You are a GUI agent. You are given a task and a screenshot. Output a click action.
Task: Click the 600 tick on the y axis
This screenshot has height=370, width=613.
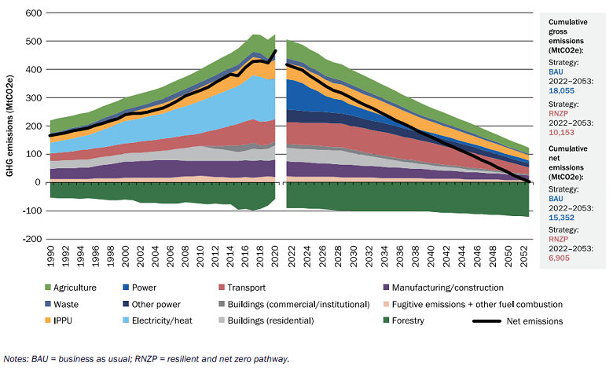click(x=31, y=13)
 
